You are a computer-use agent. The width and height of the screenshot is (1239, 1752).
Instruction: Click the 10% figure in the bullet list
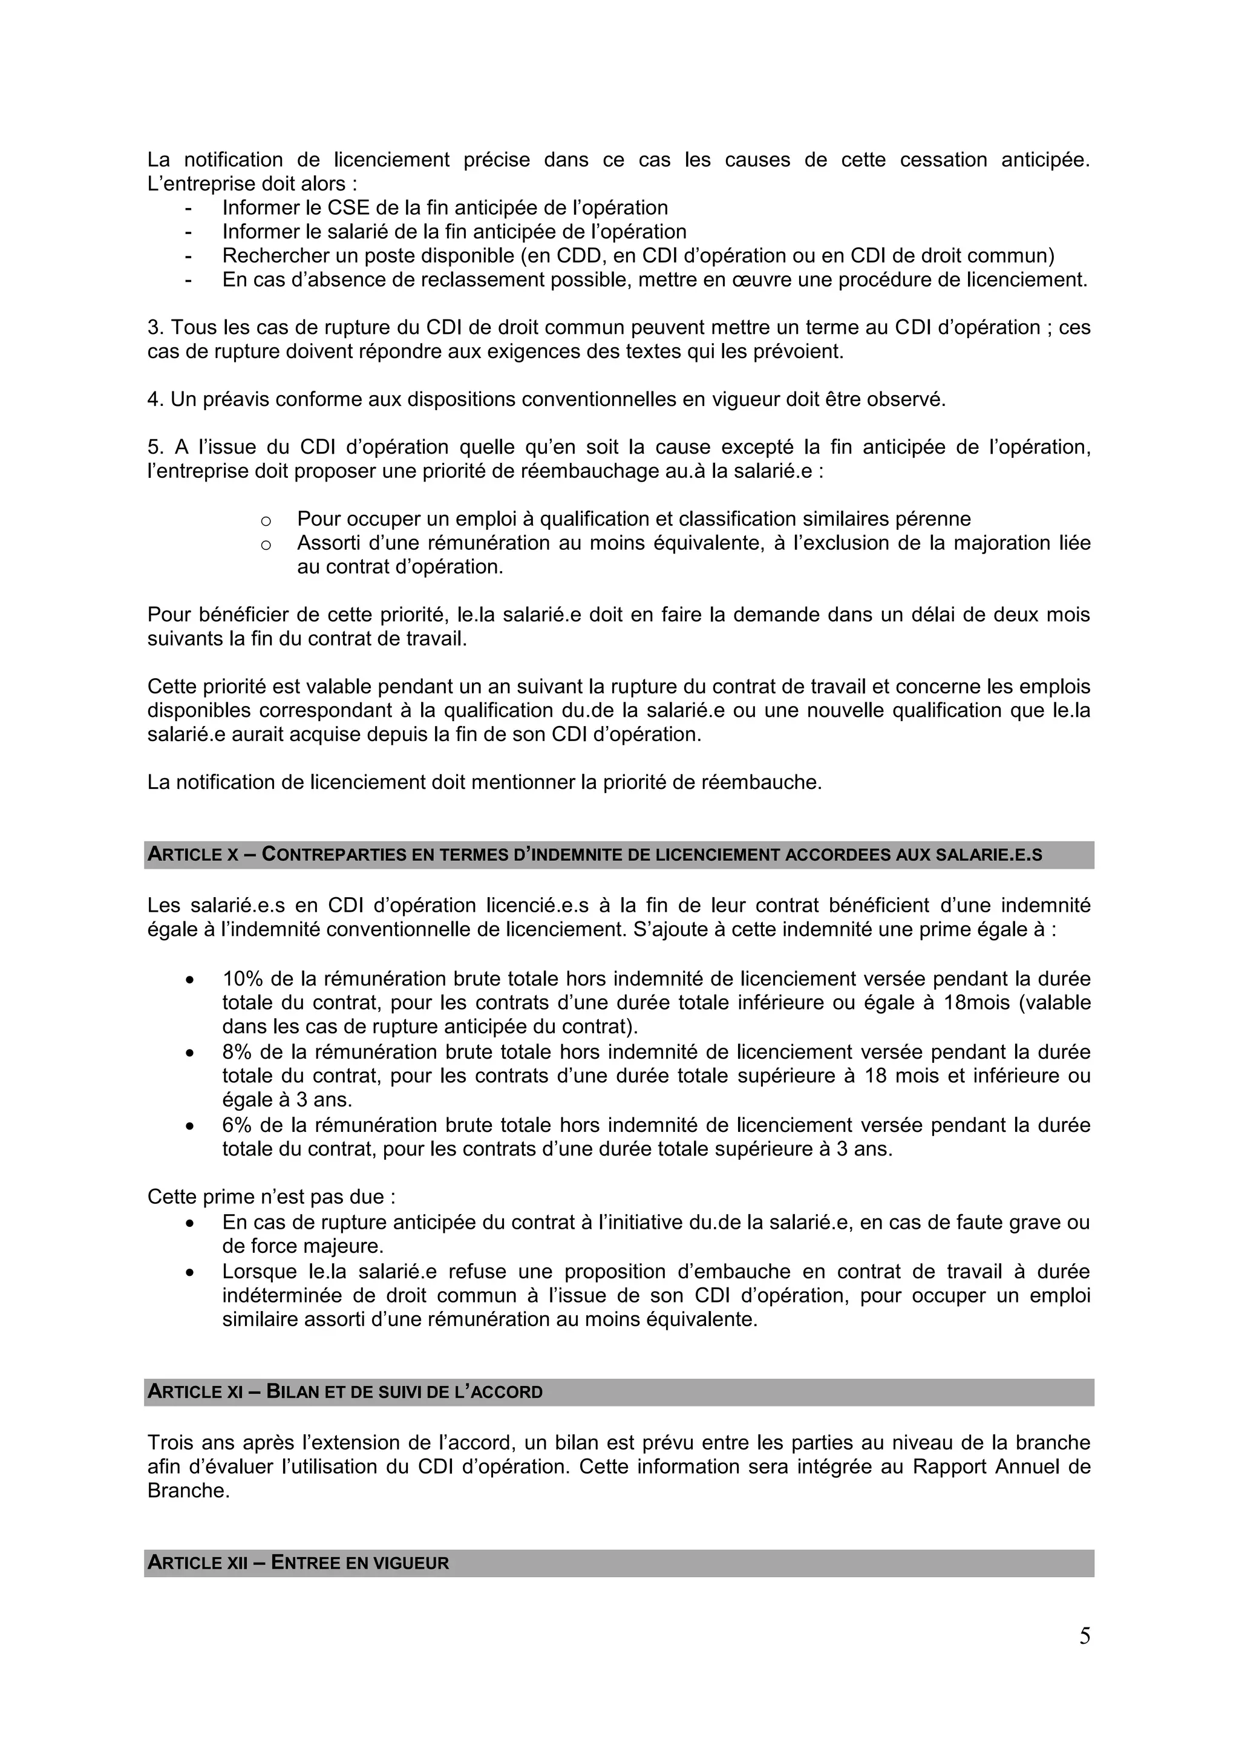(x=239, y=978)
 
